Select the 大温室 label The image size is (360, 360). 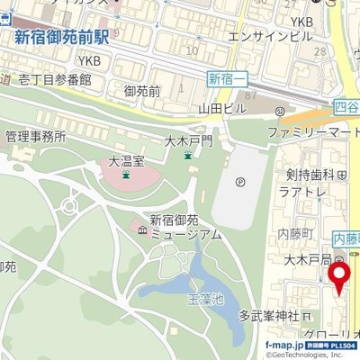[x=126, y=162]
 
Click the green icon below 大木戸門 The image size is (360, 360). [x=187, y=157]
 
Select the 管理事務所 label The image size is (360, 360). [x=35, y=137]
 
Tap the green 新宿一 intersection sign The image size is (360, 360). [x=227, y=79]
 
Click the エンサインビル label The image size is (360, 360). [x=271, y=36]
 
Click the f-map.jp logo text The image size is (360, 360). [x=284, y=345]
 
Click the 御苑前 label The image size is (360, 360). [x=142, y=91]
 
